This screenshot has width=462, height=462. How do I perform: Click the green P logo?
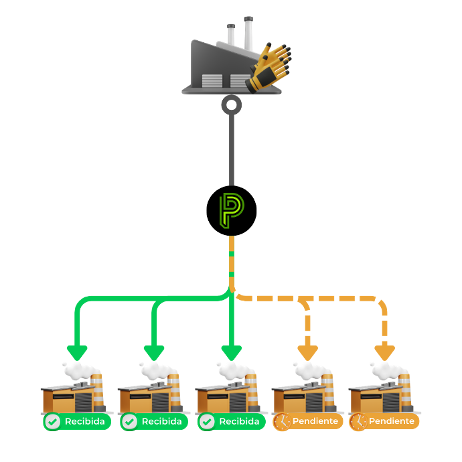point(231,210)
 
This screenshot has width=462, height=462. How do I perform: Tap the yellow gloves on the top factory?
point(269,67)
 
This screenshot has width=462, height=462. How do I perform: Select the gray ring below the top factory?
point(231,104)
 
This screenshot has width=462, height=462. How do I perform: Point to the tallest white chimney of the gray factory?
point(248,33)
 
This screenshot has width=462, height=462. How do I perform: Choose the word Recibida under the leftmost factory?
point(84,422)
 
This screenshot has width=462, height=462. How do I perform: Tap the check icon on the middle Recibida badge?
point(129,422)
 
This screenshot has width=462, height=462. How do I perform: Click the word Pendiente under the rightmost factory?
point(391,422)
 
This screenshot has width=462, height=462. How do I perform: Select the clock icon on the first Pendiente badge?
point(282,422)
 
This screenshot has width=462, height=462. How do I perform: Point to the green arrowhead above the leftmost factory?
point(78,352)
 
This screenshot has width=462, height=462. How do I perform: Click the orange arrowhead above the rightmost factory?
point(385,352)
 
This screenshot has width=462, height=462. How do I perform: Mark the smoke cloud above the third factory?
point(232,370)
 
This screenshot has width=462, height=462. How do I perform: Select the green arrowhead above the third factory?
point(232,352)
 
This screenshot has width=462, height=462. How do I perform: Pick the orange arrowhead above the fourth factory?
point(308,352)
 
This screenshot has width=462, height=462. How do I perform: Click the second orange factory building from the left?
point(144,399)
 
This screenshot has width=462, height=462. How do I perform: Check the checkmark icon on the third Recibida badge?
point(207,422)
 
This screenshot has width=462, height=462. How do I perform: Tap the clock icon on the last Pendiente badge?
point(358,422)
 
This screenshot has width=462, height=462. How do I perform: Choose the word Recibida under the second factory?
point(161,422)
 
